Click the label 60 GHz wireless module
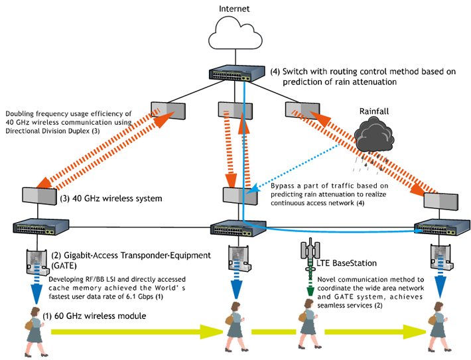pyautogui.click(x=99, y=316)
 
